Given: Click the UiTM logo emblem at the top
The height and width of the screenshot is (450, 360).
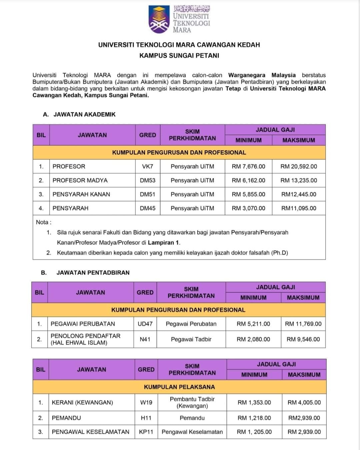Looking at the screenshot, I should (159, 20).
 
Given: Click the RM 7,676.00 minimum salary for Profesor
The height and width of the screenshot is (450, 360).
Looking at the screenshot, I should (248, 166).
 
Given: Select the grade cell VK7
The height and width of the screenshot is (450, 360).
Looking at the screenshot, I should (148, 166).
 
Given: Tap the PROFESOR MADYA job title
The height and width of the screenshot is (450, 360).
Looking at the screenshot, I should (80, 180).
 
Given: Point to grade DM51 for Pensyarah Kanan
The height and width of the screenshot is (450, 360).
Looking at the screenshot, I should (148, 194).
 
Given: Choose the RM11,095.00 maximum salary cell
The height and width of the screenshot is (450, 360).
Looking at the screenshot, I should (299, 208).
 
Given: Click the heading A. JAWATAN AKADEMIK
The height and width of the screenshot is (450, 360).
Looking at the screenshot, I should (79, 114).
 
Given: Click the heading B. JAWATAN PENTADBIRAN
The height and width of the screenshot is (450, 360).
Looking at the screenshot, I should (85, 272).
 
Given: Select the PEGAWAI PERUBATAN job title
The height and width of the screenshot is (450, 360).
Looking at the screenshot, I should (83, 324).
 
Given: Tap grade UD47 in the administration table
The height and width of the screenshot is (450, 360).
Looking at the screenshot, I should (145, 324).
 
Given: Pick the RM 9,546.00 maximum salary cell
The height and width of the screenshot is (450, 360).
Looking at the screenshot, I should (303, 339).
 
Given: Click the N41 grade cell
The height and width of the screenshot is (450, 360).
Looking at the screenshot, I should (145, 339).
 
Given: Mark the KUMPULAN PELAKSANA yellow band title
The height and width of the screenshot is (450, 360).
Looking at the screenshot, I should (179, 387).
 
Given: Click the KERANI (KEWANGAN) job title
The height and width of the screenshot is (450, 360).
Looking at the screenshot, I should (82, 402).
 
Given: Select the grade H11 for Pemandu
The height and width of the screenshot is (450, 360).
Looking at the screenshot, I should (146, 418).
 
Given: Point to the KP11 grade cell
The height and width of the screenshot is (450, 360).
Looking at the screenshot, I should (146, 432).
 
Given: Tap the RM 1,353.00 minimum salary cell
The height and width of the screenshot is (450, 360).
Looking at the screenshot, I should (254, 402).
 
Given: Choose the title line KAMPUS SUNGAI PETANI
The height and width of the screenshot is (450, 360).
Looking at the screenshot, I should (179, 56).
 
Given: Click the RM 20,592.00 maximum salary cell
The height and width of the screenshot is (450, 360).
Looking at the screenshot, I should (299, 166).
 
